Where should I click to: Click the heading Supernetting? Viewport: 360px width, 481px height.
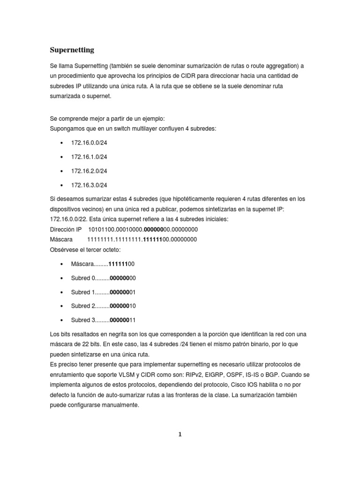72,49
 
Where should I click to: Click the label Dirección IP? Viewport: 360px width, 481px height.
66,230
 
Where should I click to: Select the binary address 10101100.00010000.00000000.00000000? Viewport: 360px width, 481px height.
143,230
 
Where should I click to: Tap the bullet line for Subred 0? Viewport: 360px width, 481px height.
103,278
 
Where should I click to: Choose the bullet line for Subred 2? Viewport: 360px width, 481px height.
103,306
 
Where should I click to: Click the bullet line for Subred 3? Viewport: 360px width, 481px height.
103,320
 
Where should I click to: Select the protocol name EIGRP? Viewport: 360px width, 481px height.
223,374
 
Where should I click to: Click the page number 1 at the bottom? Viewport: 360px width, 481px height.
180,434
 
